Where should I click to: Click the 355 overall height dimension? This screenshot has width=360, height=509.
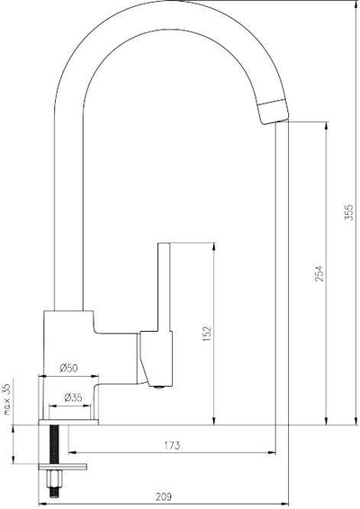tap(348, 212)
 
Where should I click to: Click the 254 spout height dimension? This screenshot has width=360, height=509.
tap(319, 273)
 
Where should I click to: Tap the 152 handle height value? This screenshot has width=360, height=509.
tap(207, 333)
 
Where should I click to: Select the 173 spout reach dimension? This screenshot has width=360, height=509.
tap(172, 445)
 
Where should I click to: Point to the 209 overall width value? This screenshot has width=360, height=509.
tap(164, 497)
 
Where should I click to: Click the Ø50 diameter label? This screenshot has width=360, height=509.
tap(69, 368)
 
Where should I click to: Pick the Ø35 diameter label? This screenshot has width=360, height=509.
tap(73, 397)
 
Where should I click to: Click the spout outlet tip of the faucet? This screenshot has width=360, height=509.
tap(274, 113)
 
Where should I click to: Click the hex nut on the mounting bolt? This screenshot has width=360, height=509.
tap(54, 478)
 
